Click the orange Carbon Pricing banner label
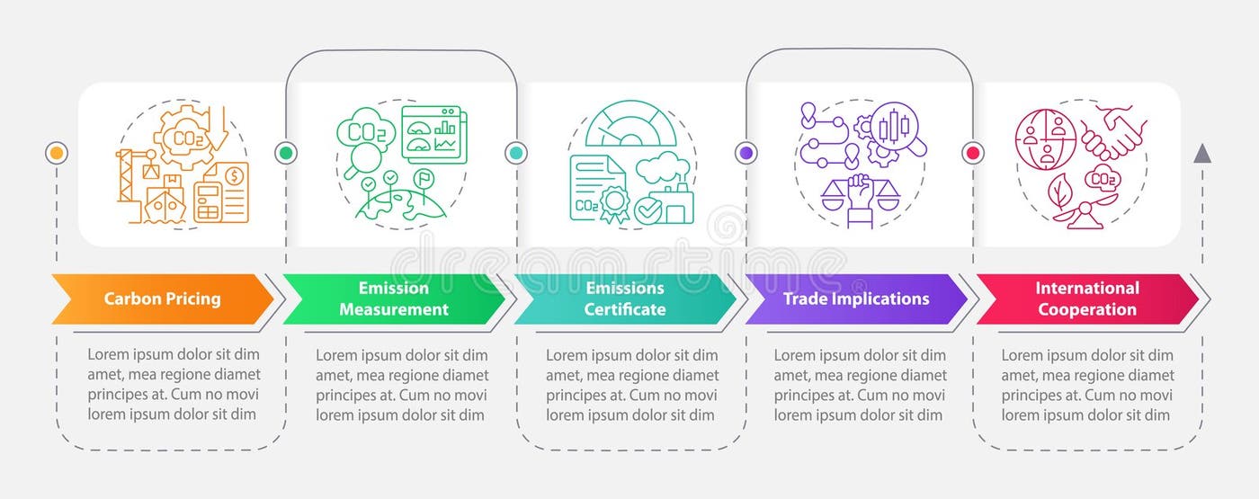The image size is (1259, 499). pos(162,299)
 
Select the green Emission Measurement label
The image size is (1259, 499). pos(393,299)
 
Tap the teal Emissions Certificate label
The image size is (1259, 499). pos(624,299)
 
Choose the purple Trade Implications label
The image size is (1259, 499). pos(855,299)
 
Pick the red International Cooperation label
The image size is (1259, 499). pos(1086,299)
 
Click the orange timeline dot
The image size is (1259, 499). pos(56,153)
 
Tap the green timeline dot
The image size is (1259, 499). pos(286,153)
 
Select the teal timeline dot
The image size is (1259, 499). pos(516,153)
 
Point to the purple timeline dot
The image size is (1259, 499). pos(746,153)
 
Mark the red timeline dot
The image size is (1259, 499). pos(972,153)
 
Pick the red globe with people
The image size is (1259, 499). pos(1045,139)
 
